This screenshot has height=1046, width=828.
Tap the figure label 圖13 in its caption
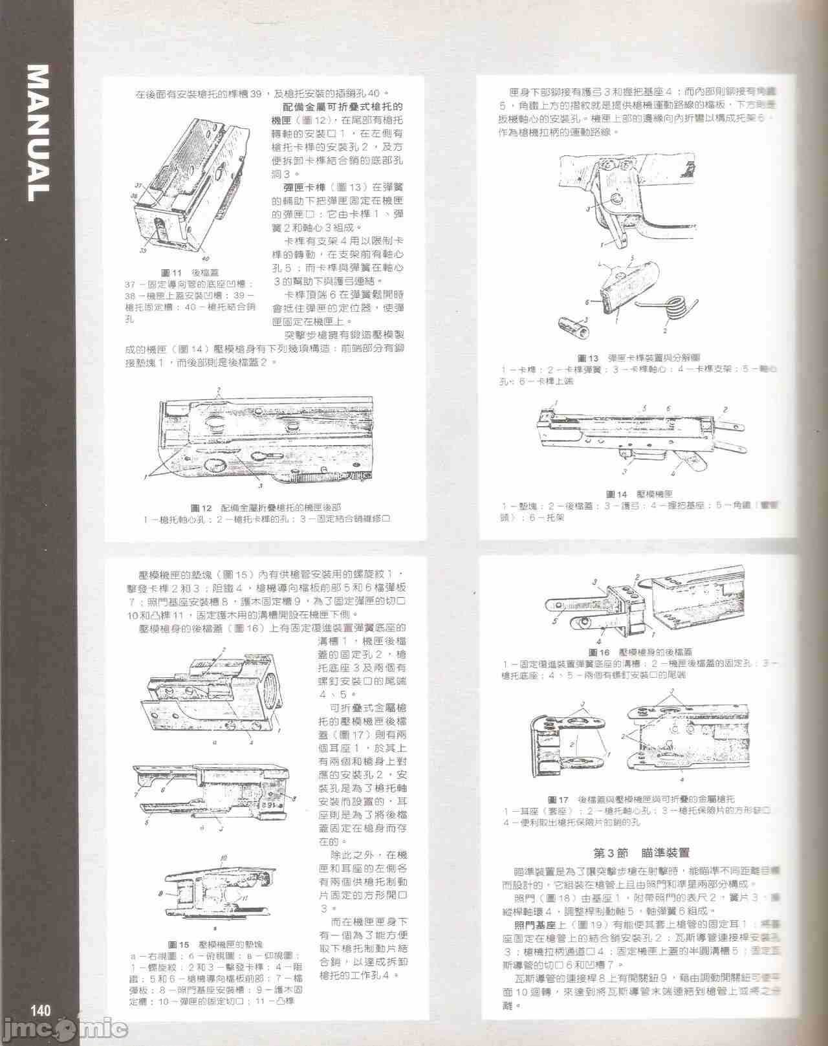coord(587,357)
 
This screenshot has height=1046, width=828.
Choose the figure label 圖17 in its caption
coord(558,799)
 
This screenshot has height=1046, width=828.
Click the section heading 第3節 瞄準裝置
coord(642,853)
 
